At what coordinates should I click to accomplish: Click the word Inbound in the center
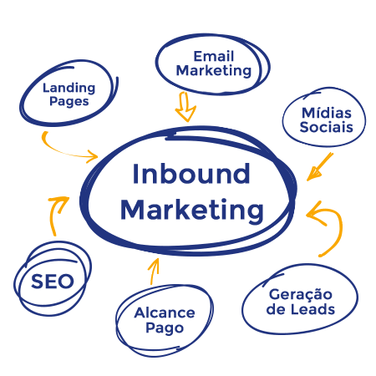(191, 174)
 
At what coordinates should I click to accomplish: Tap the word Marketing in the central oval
(192, 211)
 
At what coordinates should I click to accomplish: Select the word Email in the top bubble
(214, 56)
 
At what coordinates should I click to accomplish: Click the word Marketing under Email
(214, 71)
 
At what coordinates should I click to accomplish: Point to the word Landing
(69, 89)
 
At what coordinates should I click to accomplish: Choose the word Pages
(69, 101)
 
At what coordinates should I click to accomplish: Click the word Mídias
(327, 113)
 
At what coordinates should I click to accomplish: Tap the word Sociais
(327, 127)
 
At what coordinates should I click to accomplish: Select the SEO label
(53, 282)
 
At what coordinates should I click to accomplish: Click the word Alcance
(165, 312)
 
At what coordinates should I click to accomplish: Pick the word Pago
(165, 328)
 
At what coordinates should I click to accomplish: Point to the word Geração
(301, 295)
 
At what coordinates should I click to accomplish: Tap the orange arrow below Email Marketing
(185, 107)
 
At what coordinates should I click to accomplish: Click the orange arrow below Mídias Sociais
(321, 166)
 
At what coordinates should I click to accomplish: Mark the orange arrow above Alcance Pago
(153, 271)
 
